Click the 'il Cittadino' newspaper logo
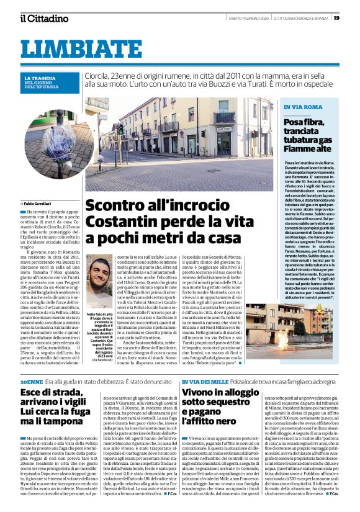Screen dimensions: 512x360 point(43,18)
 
